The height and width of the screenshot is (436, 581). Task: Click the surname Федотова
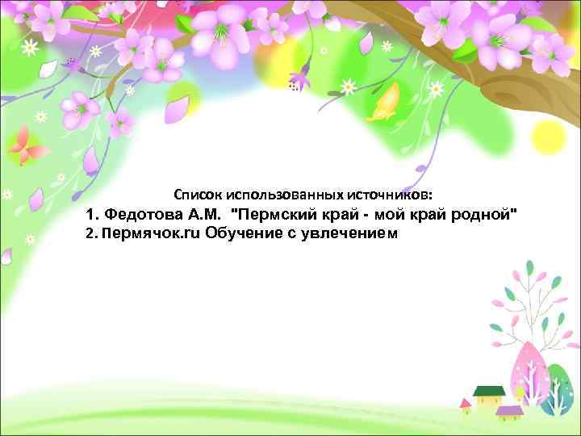point(146,216)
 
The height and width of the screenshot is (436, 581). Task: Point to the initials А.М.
point(204,216)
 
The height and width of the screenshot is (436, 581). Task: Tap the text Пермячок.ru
point(152,234)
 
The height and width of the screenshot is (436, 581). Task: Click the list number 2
point(90,234)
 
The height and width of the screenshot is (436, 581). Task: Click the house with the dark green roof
point(489,395)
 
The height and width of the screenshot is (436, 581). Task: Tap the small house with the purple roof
point(510,413)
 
